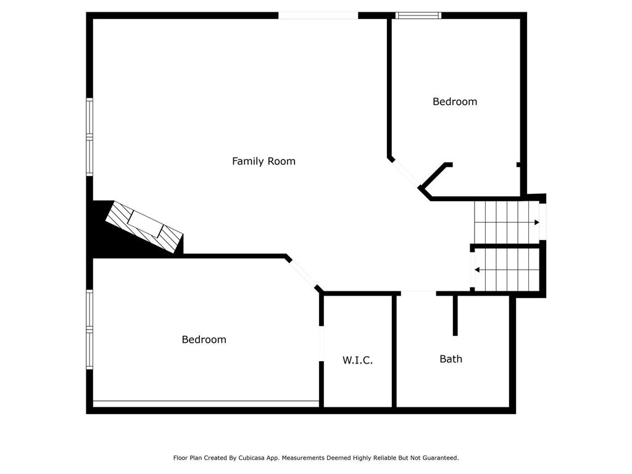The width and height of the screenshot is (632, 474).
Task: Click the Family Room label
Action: tap(264, 161)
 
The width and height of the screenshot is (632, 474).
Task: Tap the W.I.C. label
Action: tap(357, 360)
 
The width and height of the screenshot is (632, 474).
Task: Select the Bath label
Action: tap(451, 359)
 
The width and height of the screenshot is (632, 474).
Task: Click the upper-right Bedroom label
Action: tap(454, 101)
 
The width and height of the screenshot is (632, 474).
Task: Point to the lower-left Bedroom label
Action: tap(204, 339)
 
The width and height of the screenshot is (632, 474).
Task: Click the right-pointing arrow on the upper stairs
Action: tap(536, 222)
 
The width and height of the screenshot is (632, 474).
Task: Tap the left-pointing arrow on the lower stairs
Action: tap(477, 270)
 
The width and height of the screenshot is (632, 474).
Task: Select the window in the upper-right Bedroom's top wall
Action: tap(418, 15)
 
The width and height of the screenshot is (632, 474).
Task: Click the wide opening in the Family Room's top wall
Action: tap(318, 15)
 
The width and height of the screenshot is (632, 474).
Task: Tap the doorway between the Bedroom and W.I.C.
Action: tap(321, 344)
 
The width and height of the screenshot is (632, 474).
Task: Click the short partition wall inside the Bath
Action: tap(455, 315)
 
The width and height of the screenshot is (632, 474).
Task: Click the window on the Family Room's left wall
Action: tap(89, 137)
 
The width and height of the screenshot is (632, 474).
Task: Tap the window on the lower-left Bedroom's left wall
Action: tap(89, 330)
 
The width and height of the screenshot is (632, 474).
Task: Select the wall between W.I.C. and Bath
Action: tap(394, 352)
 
